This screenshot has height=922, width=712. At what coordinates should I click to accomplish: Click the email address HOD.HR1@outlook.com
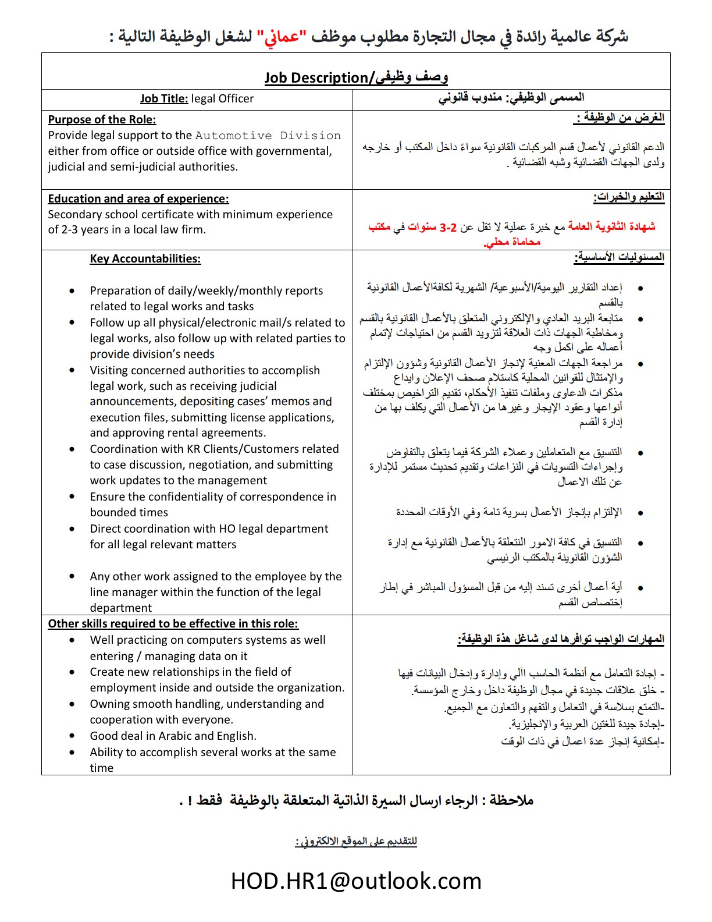[x=356, y=881]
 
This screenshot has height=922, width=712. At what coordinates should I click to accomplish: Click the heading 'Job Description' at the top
[x=316, y=78]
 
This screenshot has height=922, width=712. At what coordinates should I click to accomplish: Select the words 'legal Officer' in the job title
[x=222, y=99]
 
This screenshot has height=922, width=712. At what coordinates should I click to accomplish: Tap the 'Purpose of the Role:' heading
[x=102, y=120]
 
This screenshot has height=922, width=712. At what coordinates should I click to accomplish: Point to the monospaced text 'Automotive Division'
[x=268, y=136]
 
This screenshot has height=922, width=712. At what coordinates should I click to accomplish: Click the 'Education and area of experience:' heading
[x=138, y=199]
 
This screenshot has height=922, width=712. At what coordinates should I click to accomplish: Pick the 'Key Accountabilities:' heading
[x=145, y=259]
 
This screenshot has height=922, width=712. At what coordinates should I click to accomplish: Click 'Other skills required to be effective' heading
[x=173, y=624]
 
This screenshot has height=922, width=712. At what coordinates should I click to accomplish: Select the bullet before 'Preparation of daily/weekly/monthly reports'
[x=72, y=291]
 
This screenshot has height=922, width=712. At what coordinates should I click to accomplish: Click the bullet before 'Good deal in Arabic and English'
[x=72, y=736]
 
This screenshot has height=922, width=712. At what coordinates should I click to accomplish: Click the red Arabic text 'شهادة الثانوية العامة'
[x=611, y=227]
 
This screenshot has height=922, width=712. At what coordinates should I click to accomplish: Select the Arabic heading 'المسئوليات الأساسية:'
[x=619, y=258]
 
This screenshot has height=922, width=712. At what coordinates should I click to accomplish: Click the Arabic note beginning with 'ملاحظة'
[x=356, y=801]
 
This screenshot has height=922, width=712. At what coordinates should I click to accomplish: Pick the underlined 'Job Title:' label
[x=164, y=99]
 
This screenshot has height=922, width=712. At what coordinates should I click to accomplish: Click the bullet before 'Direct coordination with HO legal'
[x=72, y=529]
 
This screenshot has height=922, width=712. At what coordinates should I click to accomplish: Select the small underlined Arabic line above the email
[x=356, y=842]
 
